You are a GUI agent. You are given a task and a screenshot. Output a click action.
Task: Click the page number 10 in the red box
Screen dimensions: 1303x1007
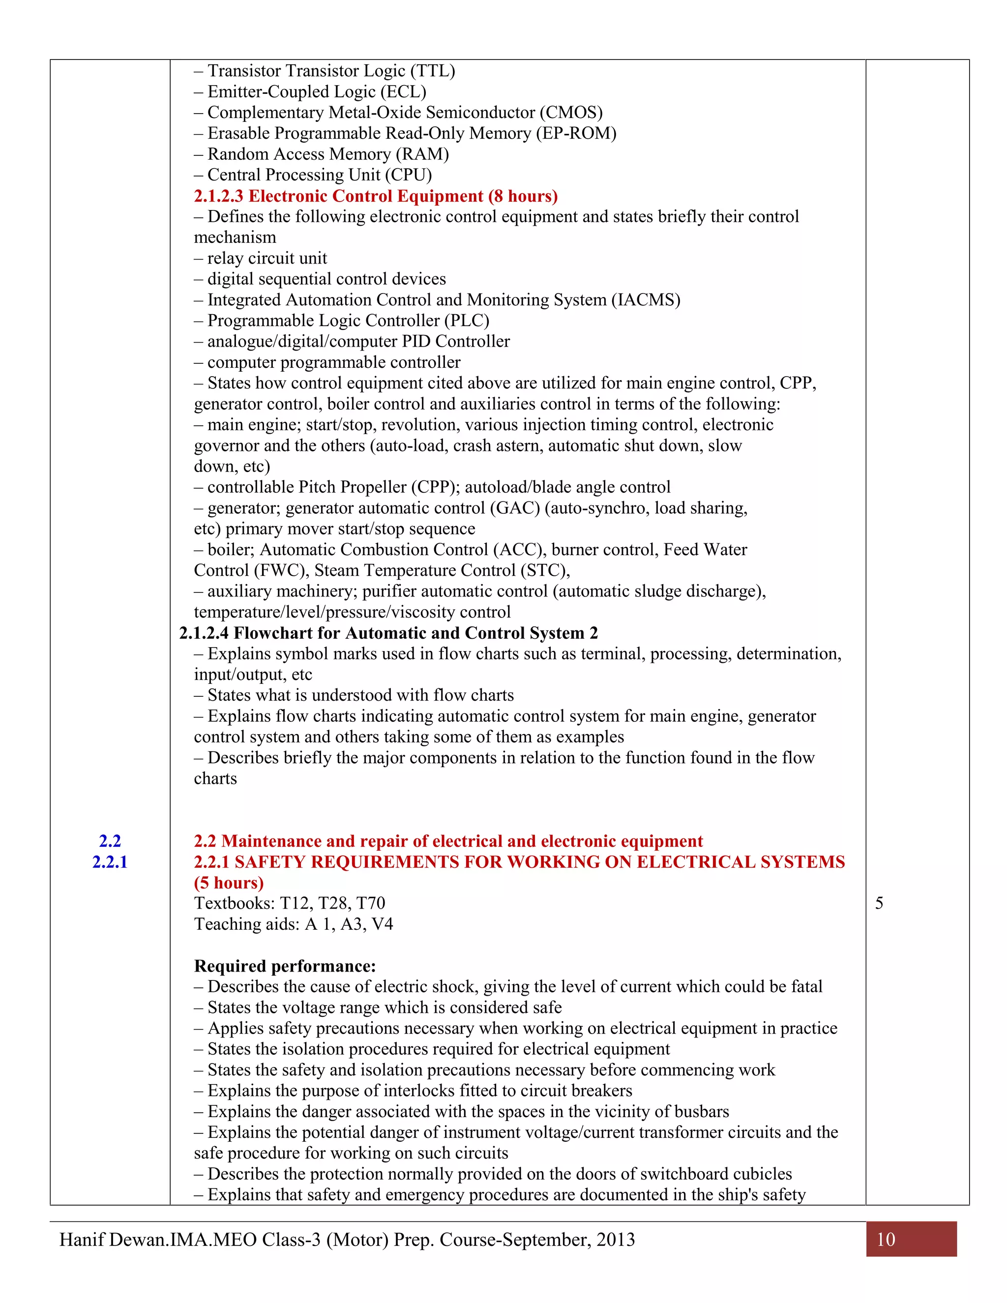(x=886, y=1239)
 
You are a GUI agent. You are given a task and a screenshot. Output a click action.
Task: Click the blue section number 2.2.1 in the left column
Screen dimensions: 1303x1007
(x=110, y=861)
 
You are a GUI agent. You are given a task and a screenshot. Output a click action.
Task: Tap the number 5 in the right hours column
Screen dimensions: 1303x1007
(x=879, y=903)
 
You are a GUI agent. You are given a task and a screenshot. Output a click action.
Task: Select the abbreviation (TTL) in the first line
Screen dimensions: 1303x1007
(x=433, y=71)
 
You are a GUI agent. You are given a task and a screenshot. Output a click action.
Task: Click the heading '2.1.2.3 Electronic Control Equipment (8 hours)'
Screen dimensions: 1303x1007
(x=375, y=196)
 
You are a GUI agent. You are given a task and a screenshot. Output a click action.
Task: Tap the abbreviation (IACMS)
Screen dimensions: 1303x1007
(x=646, y=299)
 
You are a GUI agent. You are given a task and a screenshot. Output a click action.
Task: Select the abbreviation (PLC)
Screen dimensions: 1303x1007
(x=467, y=321)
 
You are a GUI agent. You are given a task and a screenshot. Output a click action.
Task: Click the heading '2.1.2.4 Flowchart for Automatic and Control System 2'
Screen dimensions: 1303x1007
(x=388, y=632)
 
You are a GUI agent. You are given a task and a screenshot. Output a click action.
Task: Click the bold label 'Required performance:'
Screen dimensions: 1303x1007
(x=285, y=966)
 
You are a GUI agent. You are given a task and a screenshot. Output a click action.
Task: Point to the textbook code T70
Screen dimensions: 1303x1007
(x=371, y=903)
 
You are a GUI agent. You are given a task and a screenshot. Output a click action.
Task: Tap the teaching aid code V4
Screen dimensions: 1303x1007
(x=383, y=924)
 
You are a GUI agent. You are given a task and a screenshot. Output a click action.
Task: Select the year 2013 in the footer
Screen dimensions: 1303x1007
(x=616, y=1240)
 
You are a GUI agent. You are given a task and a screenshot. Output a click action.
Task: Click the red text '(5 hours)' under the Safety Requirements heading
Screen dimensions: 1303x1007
(x=229, y=883)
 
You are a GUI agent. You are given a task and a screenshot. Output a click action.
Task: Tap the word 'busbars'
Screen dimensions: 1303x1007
(x=702, y=1112)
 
